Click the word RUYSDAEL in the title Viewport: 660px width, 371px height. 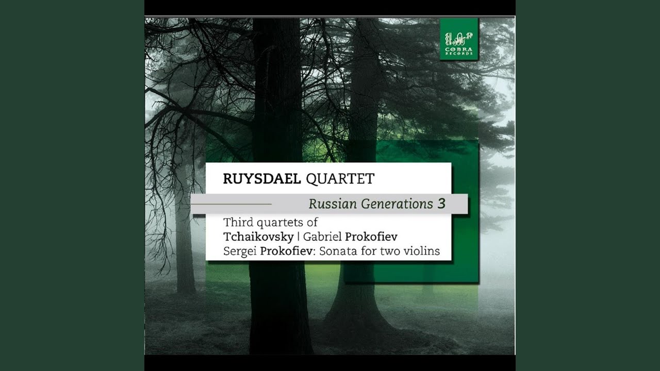[262, 179]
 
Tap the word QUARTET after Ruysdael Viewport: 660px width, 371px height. [340, 179]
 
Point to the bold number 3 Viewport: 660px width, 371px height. [441, 204]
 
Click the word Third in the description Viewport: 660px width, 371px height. [238, 222]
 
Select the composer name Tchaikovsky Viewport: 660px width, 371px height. [259, 237]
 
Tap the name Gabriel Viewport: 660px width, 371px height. [322, 237]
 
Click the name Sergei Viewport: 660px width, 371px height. [240, 251]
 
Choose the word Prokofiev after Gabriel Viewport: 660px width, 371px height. [371, 237]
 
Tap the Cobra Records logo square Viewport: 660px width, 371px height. [459, 40]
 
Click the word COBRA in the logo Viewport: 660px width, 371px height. [459, 49]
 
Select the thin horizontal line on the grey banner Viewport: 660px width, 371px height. [232, 204]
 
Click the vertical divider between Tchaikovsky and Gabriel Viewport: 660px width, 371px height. [299, 237]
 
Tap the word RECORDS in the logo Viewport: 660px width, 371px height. [459, 54]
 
